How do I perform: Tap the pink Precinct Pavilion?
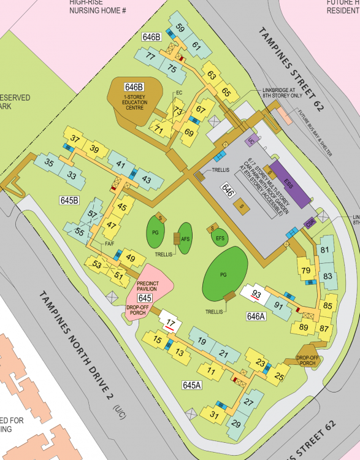click(149, 280)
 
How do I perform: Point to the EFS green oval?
click(220, 236)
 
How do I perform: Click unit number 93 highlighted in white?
click(257, 294)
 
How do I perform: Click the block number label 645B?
click(70, 201)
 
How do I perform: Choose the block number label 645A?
click(192, 385)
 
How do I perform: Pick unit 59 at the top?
click(180, 28)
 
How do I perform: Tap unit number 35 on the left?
click(49, 163)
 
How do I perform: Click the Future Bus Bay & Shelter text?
click(314, 134)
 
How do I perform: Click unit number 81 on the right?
click(325, 250)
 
